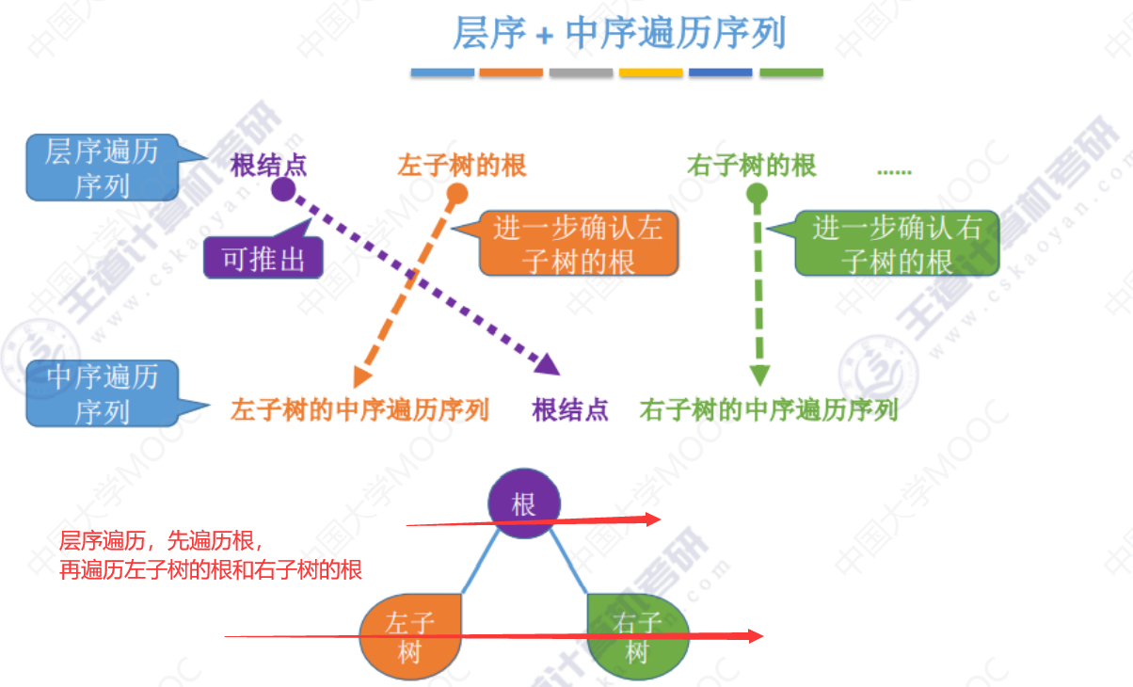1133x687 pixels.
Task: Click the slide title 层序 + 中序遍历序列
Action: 618,34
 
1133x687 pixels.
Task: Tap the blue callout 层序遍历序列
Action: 102,168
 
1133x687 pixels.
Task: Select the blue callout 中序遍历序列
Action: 102,394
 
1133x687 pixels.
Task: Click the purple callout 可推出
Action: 263,259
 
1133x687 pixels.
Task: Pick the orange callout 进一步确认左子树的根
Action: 578,244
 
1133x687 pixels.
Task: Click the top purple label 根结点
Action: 269,167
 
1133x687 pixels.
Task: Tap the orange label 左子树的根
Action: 462,167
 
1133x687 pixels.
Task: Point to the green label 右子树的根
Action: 752,167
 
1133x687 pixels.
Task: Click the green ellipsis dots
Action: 894,170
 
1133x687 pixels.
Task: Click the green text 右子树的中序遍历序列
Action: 769,410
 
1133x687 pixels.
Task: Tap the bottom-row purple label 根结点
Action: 570,410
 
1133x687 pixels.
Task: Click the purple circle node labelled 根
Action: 524,504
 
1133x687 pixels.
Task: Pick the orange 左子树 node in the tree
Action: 410,636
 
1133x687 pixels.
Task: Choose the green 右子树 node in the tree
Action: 637,636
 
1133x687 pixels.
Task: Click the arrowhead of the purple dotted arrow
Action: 548,363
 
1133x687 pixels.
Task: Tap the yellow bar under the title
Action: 650,72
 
